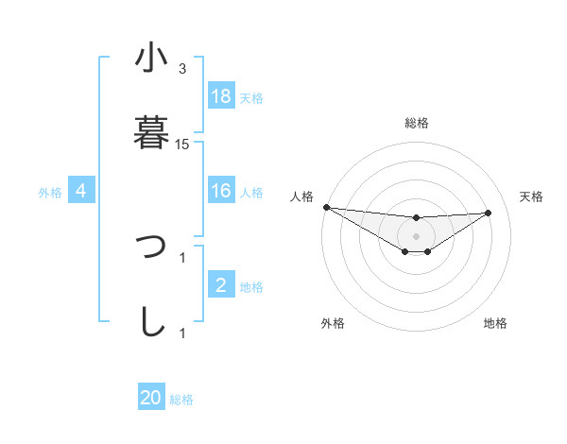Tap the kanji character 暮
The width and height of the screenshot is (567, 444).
(x=151, y=133)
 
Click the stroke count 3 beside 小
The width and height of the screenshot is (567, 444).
(x=182, y=69)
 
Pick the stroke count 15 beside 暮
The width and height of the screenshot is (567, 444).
(x=182, y=145)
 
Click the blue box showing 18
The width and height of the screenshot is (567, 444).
(x=221, y=96)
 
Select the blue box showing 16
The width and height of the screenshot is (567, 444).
(x=221, y=191)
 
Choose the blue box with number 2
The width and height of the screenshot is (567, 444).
(x=221, y=285)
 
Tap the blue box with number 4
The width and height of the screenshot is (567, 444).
(x=81, y=191)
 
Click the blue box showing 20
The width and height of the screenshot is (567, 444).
(x=151, y=399)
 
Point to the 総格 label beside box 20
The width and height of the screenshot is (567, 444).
(x=181, y=400)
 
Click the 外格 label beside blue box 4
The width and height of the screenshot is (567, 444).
(x=50, y=192)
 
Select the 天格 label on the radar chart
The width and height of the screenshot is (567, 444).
(x=532, y=196)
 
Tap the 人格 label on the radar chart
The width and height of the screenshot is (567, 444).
(x=301, y=196)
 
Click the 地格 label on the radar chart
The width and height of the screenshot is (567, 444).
(x=495, y=323)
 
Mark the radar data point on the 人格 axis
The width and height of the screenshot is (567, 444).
(x=326, y=207)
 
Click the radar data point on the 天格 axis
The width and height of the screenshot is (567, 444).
(x=489, y=213)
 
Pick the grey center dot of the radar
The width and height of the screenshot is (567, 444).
(x=416, y=235)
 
